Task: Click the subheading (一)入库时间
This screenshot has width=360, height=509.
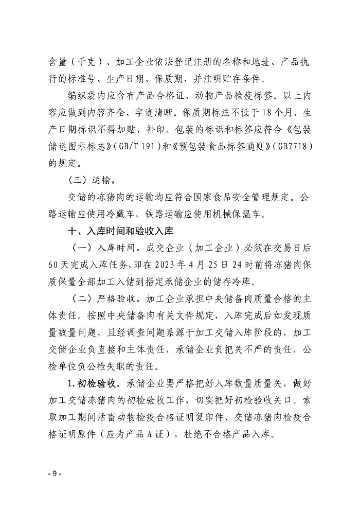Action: coord(95,248)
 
